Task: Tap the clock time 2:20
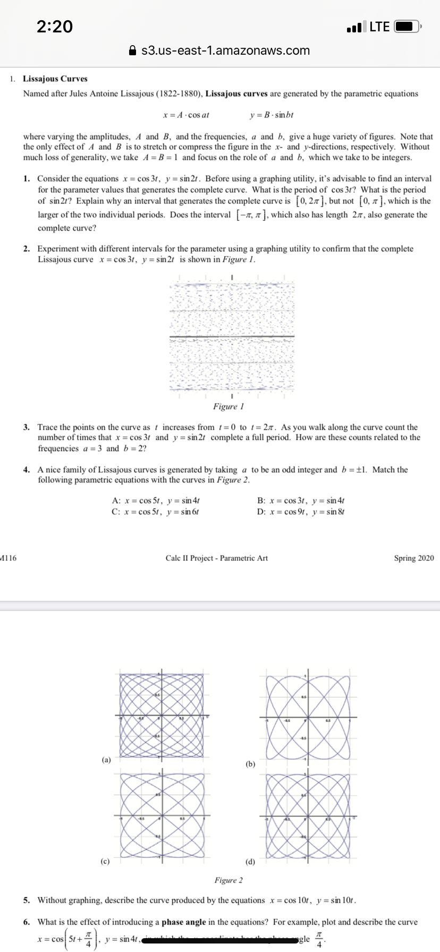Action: [x=55, y=26]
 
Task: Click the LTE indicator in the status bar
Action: [x=379, y=27]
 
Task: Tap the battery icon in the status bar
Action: [x=408, y=27]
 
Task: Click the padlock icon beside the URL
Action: [x=133, y=51]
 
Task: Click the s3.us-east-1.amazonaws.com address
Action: [x=225, y=50]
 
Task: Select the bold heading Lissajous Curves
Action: [x=55, y=79]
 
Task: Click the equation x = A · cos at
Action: [x=186, y=115]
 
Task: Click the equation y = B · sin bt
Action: [x=271, y=115]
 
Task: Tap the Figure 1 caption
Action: [x=225, y=406]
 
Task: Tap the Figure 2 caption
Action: [x=229, y=880]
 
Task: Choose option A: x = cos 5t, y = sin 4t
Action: [x=156, y=500]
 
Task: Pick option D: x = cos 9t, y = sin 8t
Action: [x=301, y=512]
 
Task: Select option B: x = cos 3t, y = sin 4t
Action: [x=301, y=500]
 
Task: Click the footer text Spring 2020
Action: [x=413, y=558]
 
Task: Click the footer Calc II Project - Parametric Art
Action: [x=217, y=558]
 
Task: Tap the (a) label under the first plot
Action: [x=106, y=760]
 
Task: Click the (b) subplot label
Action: [x=251, y=764]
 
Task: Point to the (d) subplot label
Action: [x=250, y=861]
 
